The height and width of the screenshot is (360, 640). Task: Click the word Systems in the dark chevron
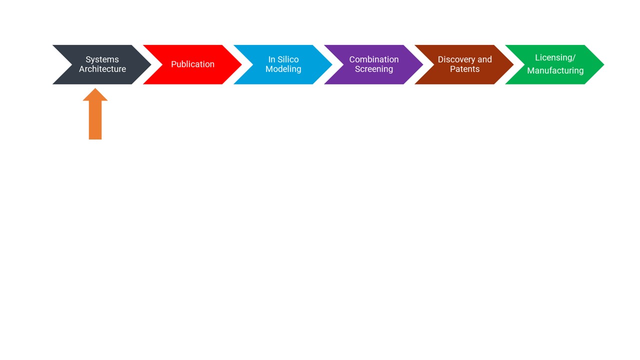point(102,59)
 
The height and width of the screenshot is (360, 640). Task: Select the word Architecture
point(102,69)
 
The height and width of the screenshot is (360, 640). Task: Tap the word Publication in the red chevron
point(192,64)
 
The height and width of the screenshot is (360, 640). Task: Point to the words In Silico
point(283,59)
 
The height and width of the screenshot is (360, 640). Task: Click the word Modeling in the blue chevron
point(283,69)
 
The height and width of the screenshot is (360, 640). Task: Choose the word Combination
point(374,59)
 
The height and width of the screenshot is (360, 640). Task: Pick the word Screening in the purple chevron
point(374,69)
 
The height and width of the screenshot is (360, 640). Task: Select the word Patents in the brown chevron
point(465,69)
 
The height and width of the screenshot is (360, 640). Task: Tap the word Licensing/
point(555,57)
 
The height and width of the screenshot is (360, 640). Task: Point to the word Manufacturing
point(555,70)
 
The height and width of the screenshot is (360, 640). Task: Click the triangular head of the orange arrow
point(95,95)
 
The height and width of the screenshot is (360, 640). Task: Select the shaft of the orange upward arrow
point(95,120)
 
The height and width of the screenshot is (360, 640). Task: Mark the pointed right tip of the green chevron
point(603,64)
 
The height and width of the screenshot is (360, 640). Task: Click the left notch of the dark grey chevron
point(71,64)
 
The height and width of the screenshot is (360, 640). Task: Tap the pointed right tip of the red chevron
point(241,64)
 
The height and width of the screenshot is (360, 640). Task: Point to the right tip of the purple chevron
point(423,64)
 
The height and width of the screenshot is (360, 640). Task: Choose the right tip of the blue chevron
point(332,64)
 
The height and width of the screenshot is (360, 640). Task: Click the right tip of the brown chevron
point(513,64)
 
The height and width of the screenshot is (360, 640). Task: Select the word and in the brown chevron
point(484,59)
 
